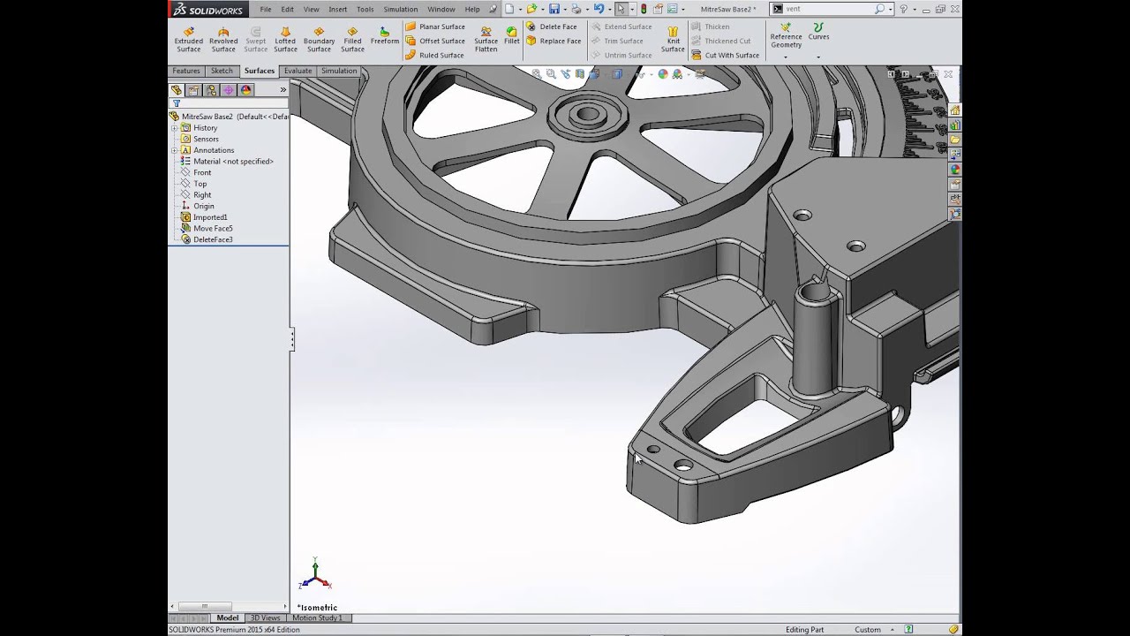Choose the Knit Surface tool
673,39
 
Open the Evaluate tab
298,71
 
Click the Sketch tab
222,71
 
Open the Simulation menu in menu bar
400,9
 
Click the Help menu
472,9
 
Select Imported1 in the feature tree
210,217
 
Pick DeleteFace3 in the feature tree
213,239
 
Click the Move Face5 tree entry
213,228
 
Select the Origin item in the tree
203,206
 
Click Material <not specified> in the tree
233,162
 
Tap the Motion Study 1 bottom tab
317,617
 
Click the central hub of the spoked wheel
587,114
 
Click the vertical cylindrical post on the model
813,340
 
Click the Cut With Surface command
731,55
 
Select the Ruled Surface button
441,55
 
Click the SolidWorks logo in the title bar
205,9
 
